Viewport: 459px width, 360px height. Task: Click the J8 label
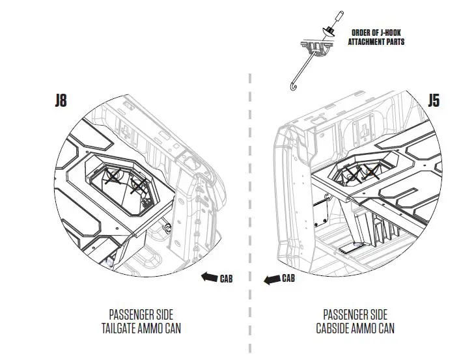(60, 102)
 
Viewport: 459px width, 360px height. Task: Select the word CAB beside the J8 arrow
(225, 279)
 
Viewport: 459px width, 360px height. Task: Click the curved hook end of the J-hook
(291, 87)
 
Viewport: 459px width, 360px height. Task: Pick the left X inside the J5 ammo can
(350, 171)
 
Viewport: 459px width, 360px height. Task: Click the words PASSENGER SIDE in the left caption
(142, 314)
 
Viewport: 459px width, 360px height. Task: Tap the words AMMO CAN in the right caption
(379, 328)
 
